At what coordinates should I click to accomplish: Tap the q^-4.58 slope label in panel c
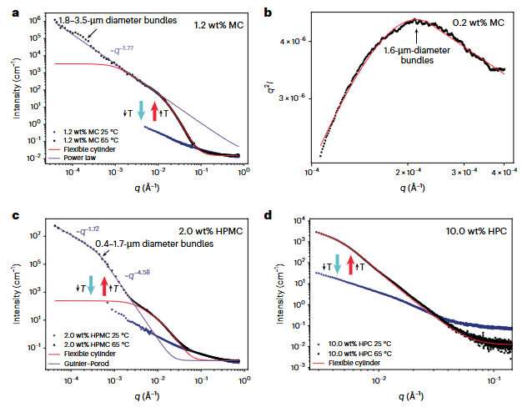139,274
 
